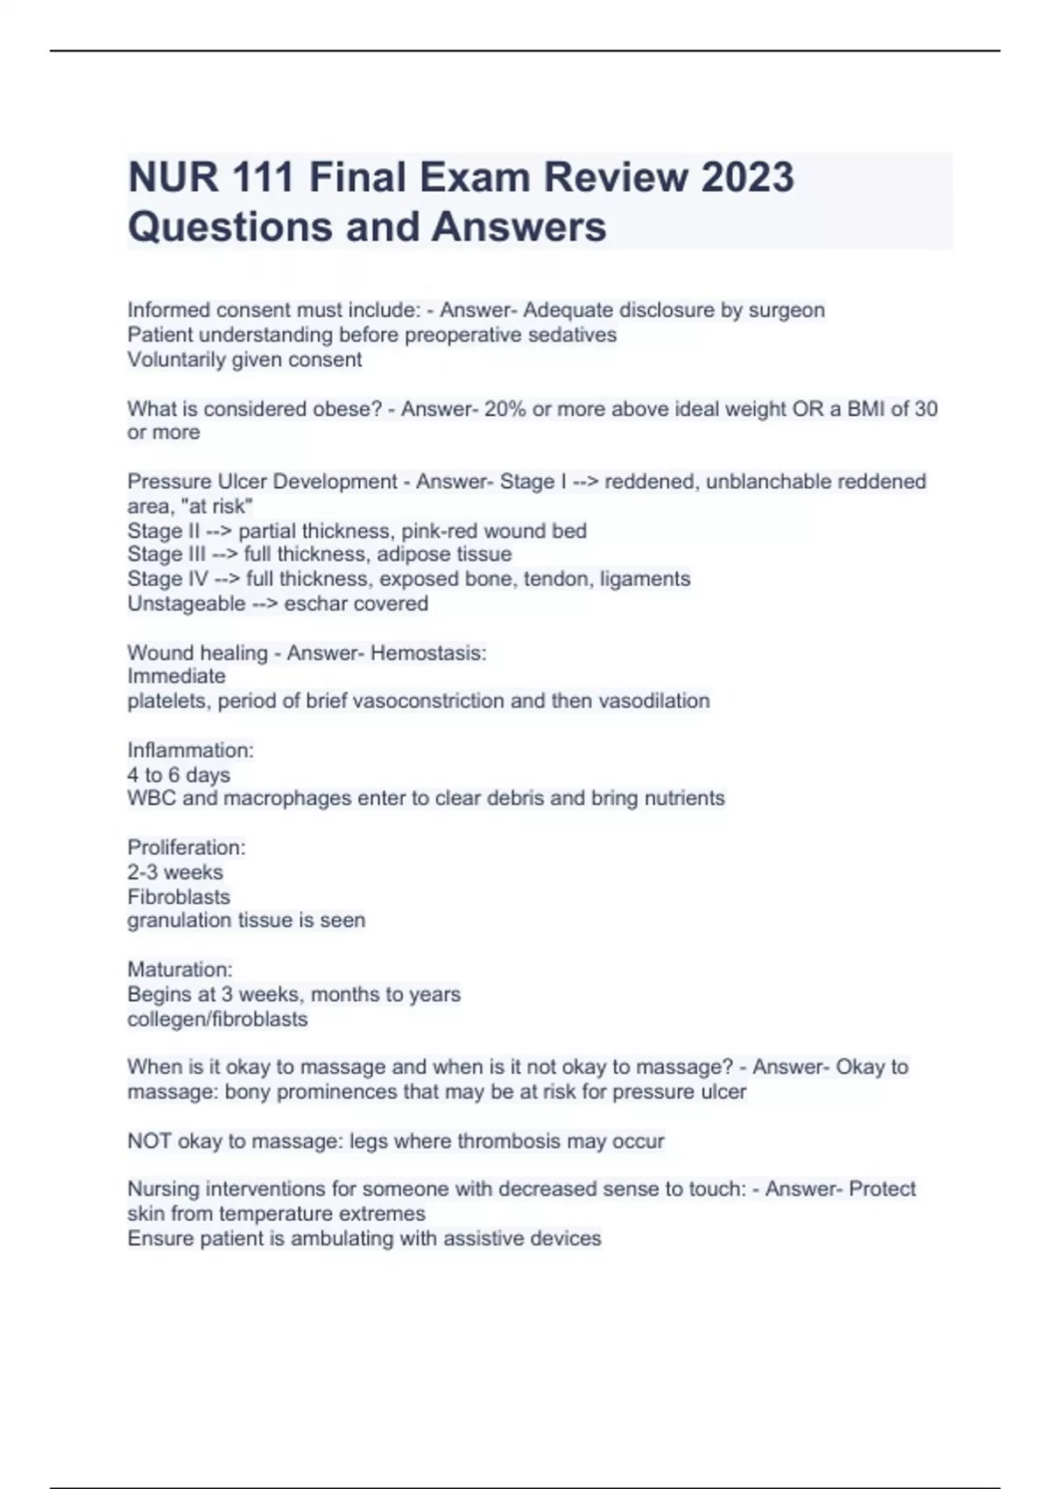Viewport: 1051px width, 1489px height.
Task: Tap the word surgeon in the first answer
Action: coord(786,310)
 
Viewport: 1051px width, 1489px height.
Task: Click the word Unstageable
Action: coord(186,603)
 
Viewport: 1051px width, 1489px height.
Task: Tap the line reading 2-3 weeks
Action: coord(175,872)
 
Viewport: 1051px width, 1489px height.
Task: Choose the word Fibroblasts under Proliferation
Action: coord(179,897)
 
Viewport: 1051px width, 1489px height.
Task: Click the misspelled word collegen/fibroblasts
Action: coord(217,1019)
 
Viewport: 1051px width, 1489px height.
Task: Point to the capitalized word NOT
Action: coord(149,1141)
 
